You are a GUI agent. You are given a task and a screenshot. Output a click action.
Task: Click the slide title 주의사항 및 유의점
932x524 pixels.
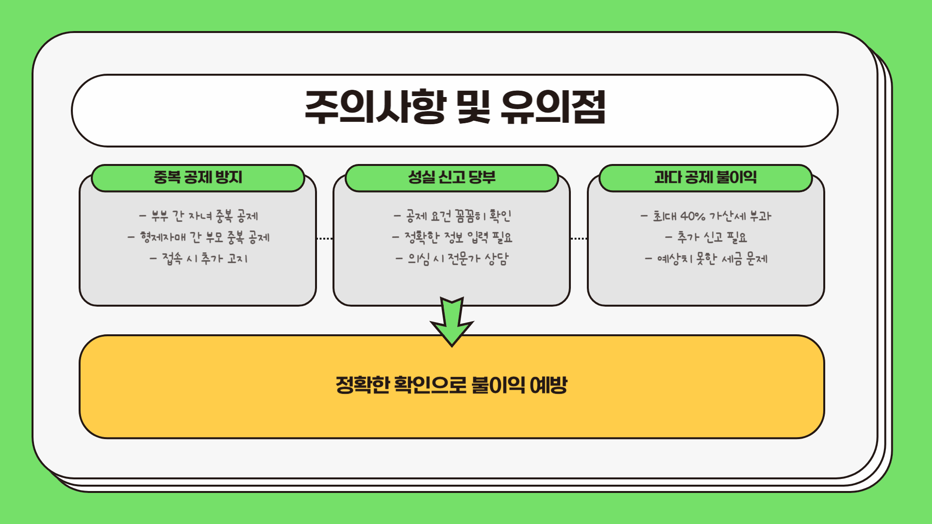pyautogui.click(x=455, y=107)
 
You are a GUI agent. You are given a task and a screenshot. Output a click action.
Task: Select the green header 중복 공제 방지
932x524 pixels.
pyautogui.click(x=198, y=177)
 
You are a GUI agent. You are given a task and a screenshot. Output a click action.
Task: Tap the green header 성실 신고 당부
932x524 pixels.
pyautogui.click(x=452, y=177)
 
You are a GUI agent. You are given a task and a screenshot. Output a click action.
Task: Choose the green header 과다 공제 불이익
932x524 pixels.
pyautogui.click(x=705, y=177)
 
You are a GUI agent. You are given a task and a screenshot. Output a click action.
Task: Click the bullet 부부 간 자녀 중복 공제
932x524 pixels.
pyautogui.click(x=199, y=216)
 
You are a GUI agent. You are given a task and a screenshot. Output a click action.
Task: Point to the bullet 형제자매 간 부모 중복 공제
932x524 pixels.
pyautogui.click(x=199, y=237)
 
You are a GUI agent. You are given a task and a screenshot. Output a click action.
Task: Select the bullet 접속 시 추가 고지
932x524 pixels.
pyautogui.click(x=199, y=259)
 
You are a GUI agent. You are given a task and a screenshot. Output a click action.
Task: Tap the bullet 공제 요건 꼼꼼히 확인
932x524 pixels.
pyautogui.click(x=452, y=216)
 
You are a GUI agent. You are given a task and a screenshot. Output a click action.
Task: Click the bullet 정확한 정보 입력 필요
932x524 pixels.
pyautogui.click(x=452, y=237)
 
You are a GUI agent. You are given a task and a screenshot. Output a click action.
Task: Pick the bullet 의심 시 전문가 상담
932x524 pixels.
pyautogui.click(x=452, y=259)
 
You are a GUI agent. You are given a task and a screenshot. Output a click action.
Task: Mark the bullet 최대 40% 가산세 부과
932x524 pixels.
pyautogui.click(x=706, y=216)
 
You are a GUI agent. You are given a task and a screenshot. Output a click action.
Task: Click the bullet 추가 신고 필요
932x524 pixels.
pyautogui.click(x=706, y=237)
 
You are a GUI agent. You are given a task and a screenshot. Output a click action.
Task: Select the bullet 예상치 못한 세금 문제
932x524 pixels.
pyautogui.click(x=706, y=259)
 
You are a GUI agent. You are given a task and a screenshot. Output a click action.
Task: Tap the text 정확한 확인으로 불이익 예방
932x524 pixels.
pyautogui.click(x=451, y=385)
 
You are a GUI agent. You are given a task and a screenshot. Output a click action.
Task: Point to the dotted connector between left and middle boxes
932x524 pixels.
pyautogui.click(x=324, y=239)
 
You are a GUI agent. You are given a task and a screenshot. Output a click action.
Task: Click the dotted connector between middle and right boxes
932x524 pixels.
pyautogui.click(x=579, y=239)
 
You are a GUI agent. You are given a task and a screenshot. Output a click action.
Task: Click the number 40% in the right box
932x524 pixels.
pyautogui.click(x=692, y=216)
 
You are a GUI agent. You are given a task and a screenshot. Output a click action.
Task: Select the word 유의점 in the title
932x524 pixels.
pyautogui.click(x=553, y=107)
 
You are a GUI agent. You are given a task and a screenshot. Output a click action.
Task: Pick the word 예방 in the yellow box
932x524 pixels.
pyautogui.click(x=549, y=385)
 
